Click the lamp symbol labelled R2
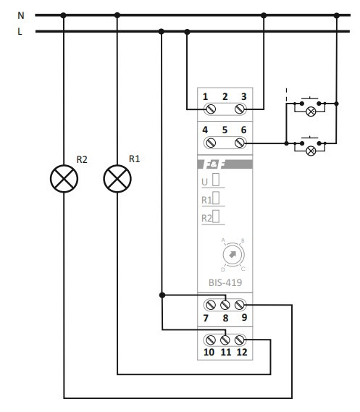coord(64,178)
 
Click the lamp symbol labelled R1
coord(117,178)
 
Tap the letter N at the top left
coord(20,14)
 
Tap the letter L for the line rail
coord(20,31)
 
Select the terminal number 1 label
coord(206,96)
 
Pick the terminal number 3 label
coord(244,96)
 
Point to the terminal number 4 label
coord(206,130)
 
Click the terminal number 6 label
coord(244,130)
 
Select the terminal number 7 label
coord(206,318)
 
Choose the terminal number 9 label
coord(244,318)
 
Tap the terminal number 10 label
coord(208,353)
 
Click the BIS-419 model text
coord(225,284)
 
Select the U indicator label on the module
coord(205,181)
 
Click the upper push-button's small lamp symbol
coord(311,112)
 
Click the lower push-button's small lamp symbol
coord(311,151)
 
